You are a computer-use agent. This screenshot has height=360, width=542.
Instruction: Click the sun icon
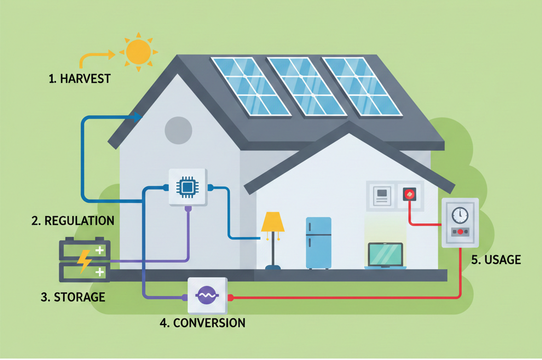pyautogui.click(x=138, y=51)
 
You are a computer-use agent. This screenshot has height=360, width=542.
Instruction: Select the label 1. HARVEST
pyautogui.click(x=79, y=79)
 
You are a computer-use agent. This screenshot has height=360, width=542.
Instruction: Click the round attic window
pyautogui.click(x=178, y=130)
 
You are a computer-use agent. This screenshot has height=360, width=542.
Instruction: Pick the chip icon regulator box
pyautogui.click(x=187, y=187)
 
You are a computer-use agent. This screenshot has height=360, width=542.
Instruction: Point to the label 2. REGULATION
pyautogui.click(x=73, y=221)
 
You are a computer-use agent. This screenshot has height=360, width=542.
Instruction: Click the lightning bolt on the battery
pyautogui.click(x=84, y=260)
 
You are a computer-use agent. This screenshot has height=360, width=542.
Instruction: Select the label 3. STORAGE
pyautogui.click(x=73, y=296)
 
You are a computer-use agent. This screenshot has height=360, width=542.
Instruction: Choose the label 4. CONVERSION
pyautogui.click(x=203, y=322)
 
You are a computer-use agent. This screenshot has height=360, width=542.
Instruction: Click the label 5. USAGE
pyautogui.click(x=496, y=259)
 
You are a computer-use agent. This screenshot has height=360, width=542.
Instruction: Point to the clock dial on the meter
pyautogui.click(x=460, y=215)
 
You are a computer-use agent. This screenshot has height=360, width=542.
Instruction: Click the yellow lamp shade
pyautogui.click(x=273, y=222)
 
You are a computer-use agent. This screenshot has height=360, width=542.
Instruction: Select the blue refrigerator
pyautogui.click(x=318, y=242)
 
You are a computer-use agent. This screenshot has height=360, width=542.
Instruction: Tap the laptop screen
pyautogui.click(x=385, y=254)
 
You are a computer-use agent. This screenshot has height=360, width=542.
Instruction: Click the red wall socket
pyautogui.click(x=410, y=194)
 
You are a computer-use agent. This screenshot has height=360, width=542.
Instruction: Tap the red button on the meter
pyautogui.click(x=460, y=232)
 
